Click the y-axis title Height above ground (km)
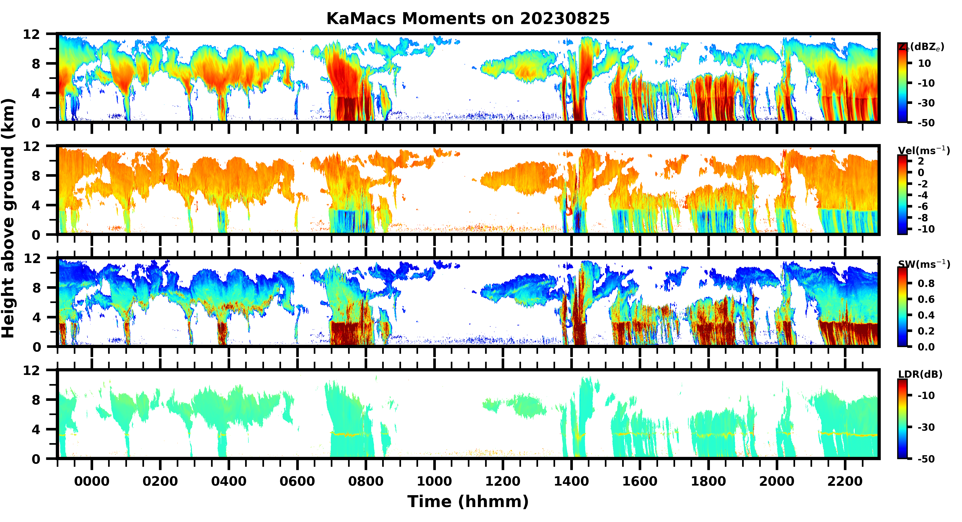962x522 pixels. (8, 219)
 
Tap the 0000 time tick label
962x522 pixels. (92, 481)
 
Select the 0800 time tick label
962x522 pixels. (366, 481)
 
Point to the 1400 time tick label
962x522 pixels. (571, 481)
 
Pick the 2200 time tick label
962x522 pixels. (845, 481)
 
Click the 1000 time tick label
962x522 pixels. (434, 481)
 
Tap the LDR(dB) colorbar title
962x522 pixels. (920, 374)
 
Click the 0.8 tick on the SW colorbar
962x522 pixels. (926, 283)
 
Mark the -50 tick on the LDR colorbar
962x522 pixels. (926, 459)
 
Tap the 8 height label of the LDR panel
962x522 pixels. (36, 400)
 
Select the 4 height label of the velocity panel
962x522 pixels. (36, 205)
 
